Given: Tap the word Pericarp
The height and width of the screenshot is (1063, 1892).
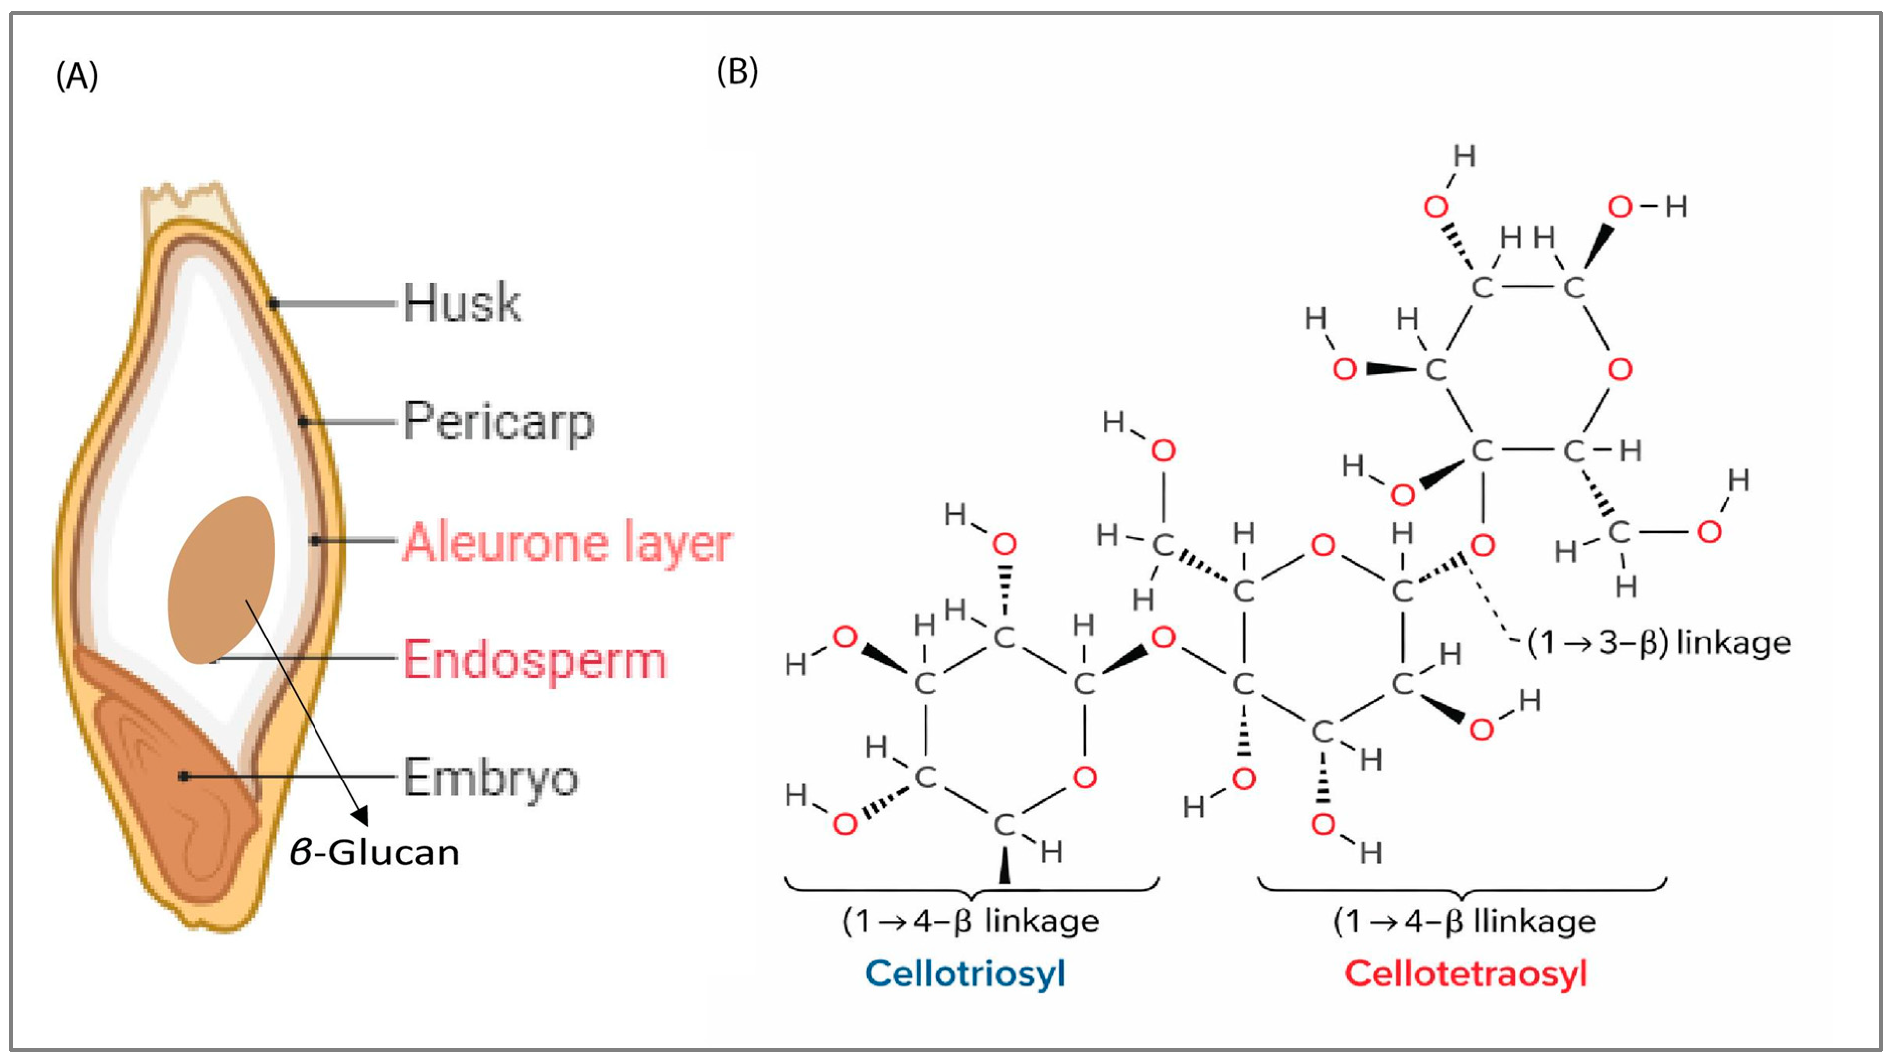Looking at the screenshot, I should [498, 422].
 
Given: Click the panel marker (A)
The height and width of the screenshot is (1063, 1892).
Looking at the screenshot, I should [77, 75].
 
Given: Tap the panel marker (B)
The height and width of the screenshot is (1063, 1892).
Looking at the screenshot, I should [737, 72].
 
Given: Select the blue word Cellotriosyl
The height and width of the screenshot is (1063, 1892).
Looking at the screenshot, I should [964, 974].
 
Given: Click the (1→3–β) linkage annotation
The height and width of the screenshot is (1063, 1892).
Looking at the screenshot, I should [1658, 643].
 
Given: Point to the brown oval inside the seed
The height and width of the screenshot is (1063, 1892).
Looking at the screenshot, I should [221, 580].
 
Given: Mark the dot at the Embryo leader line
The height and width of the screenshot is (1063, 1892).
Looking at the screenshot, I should [184, 776].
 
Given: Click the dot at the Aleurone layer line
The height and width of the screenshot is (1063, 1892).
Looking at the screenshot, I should [315, 540].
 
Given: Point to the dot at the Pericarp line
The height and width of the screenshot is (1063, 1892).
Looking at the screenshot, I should [303, 422].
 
